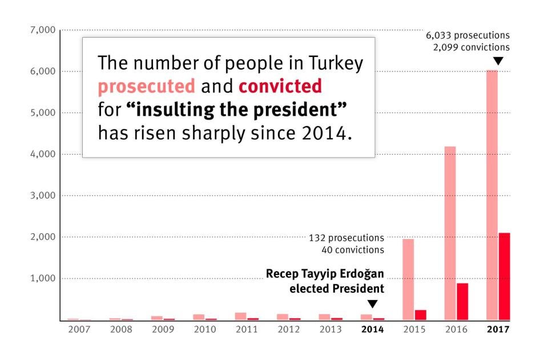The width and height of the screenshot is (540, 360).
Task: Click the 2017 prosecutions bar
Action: tap(491, 194)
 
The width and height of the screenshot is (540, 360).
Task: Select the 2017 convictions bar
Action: tap(504, 276)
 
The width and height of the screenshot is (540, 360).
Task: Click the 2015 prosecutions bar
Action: tap(408, 279)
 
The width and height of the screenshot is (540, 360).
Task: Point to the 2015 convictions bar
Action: tap(421, 314)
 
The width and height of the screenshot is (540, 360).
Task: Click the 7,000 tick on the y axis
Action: tap(42, 30)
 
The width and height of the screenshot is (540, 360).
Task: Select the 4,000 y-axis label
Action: tap(42, 154)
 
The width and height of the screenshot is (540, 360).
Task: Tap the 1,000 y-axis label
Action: tap(42, 278)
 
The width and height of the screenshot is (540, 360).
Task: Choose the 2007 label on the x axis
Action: tap(78, 330)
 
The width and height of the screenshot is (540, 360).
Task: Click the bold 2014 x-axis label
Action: tap(372, 330)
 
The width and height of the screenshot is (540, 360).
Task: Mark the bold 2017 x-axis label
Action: tap(498, 330)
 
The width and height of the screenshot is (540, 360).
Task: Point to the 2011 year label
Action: tap(246, 330)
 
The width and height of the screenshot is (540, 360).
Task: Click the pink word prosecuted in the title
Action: tap(146, 86)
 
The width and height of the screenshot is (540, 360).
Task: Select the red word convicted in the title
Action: tap(280, 86)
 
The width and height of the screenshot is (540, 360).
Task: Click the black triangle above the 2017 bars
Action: tap(498, 61)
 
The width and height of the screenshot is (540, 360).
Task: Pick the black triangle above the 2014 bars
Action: tap(372, 304)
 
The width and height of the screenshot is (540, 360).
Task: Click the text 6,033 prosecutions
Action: tap(468, 35)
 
